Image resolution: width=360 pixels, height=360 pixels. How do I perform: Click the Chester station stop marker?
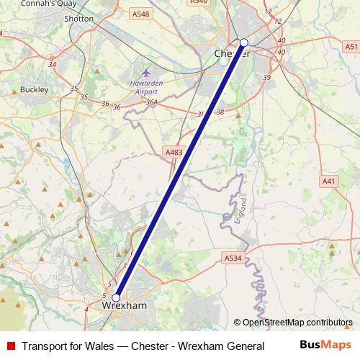click(x=243, y=42)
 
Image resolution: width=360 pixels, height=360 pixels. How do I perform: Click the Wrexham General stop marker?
click(x=116, y=297)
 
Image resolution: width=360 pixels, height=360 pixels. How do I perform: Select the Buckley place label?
click(x=34, y=90)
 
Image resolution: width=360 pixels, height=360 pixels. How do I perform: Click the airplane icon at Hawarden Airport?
click(x=147, y=73)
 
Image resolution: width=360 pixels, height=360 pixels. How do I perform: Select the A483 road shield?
click(x=174, y=153)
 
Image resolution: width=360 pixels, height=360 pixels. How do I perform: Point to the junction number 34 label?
click(x=52, y=65)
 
